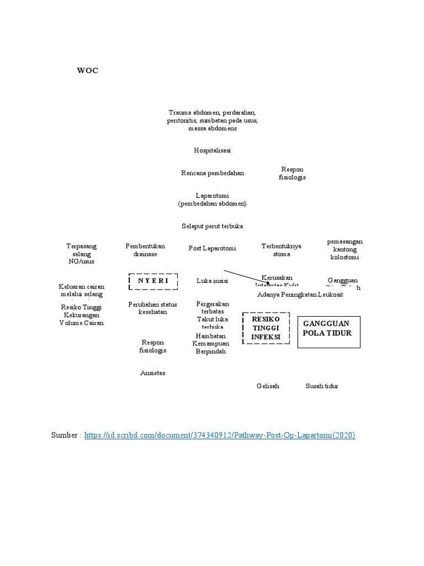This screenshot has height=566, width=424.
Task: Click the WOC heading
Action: pos(87,71)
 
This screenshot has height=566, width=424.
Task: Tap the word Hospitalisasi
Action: pos(212,150)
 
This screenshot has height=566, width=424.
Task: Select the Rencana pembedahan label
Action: pos(212,173)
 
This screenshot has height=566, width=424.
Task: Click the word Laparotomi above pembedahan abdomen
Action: pos(212,196)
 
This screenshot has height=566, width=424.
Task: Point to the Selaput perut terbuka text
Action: pos(212,226)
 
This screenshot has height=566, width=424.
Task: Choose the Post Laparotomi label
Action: pos(212,249)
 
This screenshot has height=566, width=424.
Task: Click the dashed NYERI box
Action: pos(153,281)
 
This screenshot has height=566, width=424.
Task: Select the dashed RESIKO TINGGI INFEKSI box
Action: pos(266,328)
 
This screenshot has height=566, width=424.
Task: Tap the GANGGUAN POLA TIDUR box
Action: pos(328,332)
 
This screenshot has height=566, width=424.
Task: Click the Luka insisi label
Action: pos(212,281)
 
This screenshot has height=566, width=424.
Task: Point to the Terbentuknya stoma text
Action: pos(281,250)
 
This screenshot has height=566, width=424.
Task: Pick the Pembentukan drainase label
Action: pos(145,250)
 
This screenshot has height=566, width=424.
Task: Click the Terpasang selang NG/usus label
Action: pos(82,254)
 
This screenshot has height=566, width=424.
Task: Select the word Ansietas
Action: pos(153,373)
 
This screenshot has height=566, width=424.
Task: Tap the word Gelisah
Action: pos(268,386)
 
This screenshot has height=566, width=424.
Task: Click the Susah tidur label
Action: pos(322,386)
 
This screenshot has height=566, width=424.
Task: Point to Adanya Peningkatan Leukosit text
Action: pos(300,295)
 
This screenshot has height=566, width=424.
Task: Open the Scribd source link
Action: pos(220,436)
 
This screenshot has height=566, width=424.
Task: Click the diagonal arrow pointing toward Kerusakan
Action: pos(246,277)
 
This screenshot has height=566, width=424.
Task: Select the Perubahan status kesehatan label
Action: pos(152,308)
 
